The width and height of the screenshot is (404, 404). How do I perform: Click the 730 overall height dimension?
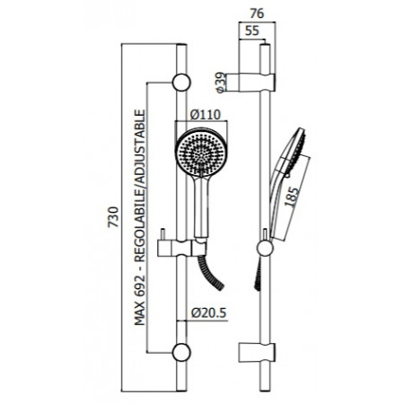[x=113, y=216]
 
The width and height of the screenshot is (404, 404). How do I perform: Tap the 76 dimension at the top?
[x=257, y=13]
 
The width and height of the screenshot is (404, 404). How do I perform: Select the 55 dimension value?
[x=251, y=31]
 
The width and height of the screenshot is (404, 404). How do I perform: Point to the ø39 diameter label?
[x=221, y=83]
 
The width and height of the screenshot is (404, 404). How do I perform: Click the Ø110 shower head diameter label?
[x=206, y=115]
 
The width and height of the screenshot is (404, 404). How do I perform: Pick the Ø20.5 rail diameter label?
[x=209, y=313]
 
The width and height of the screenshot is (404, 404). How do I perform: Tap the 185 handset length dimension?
[x=292, y=197]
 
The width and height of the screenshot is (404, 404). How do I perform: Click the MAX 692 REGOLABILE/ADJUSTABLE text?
[x=139, y=217]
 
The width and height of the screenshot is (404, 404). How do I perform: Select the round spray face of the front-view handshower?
[x=201, y=153]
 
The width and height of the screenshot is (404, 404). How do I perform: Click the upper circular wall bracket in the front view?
[x=181, y=83]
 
